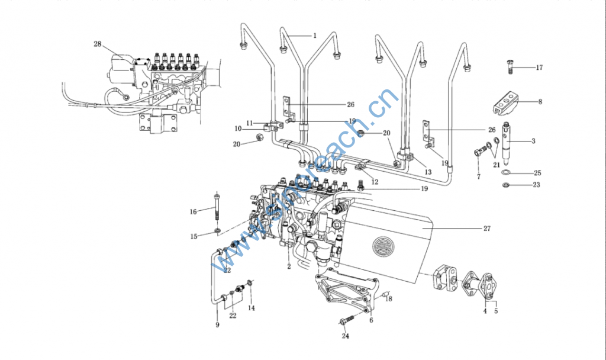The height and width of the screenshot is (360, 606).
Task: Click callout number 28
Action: (x=98, y=44)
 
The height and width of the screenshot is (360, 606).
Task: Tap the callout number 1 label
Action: (x=315, y=36)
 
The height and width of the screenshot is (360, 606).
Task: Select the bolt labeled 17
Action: (x=510, y=68)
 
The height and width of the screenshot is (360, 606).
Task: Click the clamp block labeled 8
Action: (x=506, y=102)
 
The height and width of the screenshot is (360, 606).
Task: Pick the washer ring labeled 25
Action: (x=506, y=172)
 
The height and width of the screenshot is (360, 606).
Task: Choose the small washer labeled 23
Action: (x=505, y=185)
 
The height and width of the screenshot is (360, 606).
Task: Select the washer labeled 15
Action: (x=218, y=232)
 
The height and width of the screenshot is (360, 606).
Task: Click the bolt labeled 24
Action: (x=347, y=320)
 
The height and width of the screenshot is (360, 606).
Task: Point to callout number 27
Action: (x=487, y=229)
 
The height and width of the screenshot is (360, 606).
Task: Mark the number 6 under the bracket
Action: (x=372, y=320)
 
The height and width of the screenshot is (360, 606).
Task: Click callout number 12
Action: (x=375, y=182)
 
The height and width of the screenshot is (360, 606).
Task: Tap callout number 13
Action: (x=428, y=172)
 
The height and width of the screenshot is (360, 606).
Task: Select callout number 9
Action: (x=217, y=325)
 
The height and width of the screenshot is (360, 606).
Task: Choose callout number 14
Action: (x=252, y=308)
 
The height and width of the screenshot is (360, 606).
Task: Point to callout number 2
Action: (x=289, y=266)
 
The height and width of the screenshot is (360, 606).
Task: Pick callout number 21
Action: (x=497, y=165)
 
